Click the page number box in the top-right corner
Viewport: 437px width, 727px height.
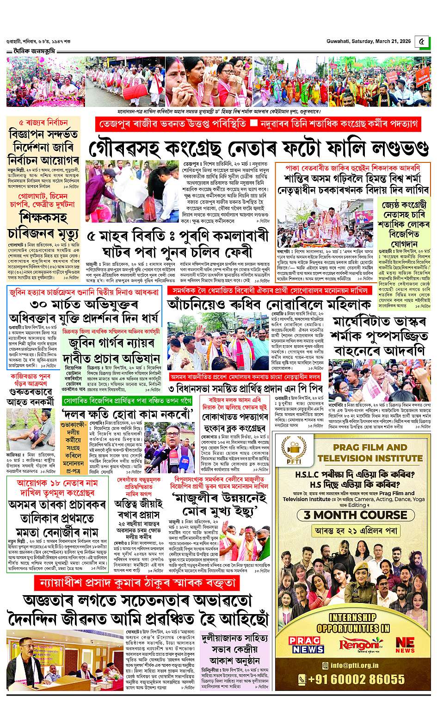click(x=421, y=42)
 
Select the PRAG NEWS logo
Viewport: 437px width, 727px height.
click(x=303, y=644)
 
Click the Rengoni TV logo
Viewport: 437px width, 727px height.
click(x=355, y=645)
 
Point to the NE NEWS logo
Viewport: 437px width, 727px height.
click(x=405, y=645)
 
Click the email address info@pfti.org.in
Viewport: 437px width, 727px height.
click(x=355, y=665)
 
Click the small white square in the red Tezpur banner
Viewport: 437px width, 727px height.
click(x=253, y=124)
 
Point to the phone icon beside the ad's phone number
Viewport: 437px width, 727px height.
click(x=302, y=679)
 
